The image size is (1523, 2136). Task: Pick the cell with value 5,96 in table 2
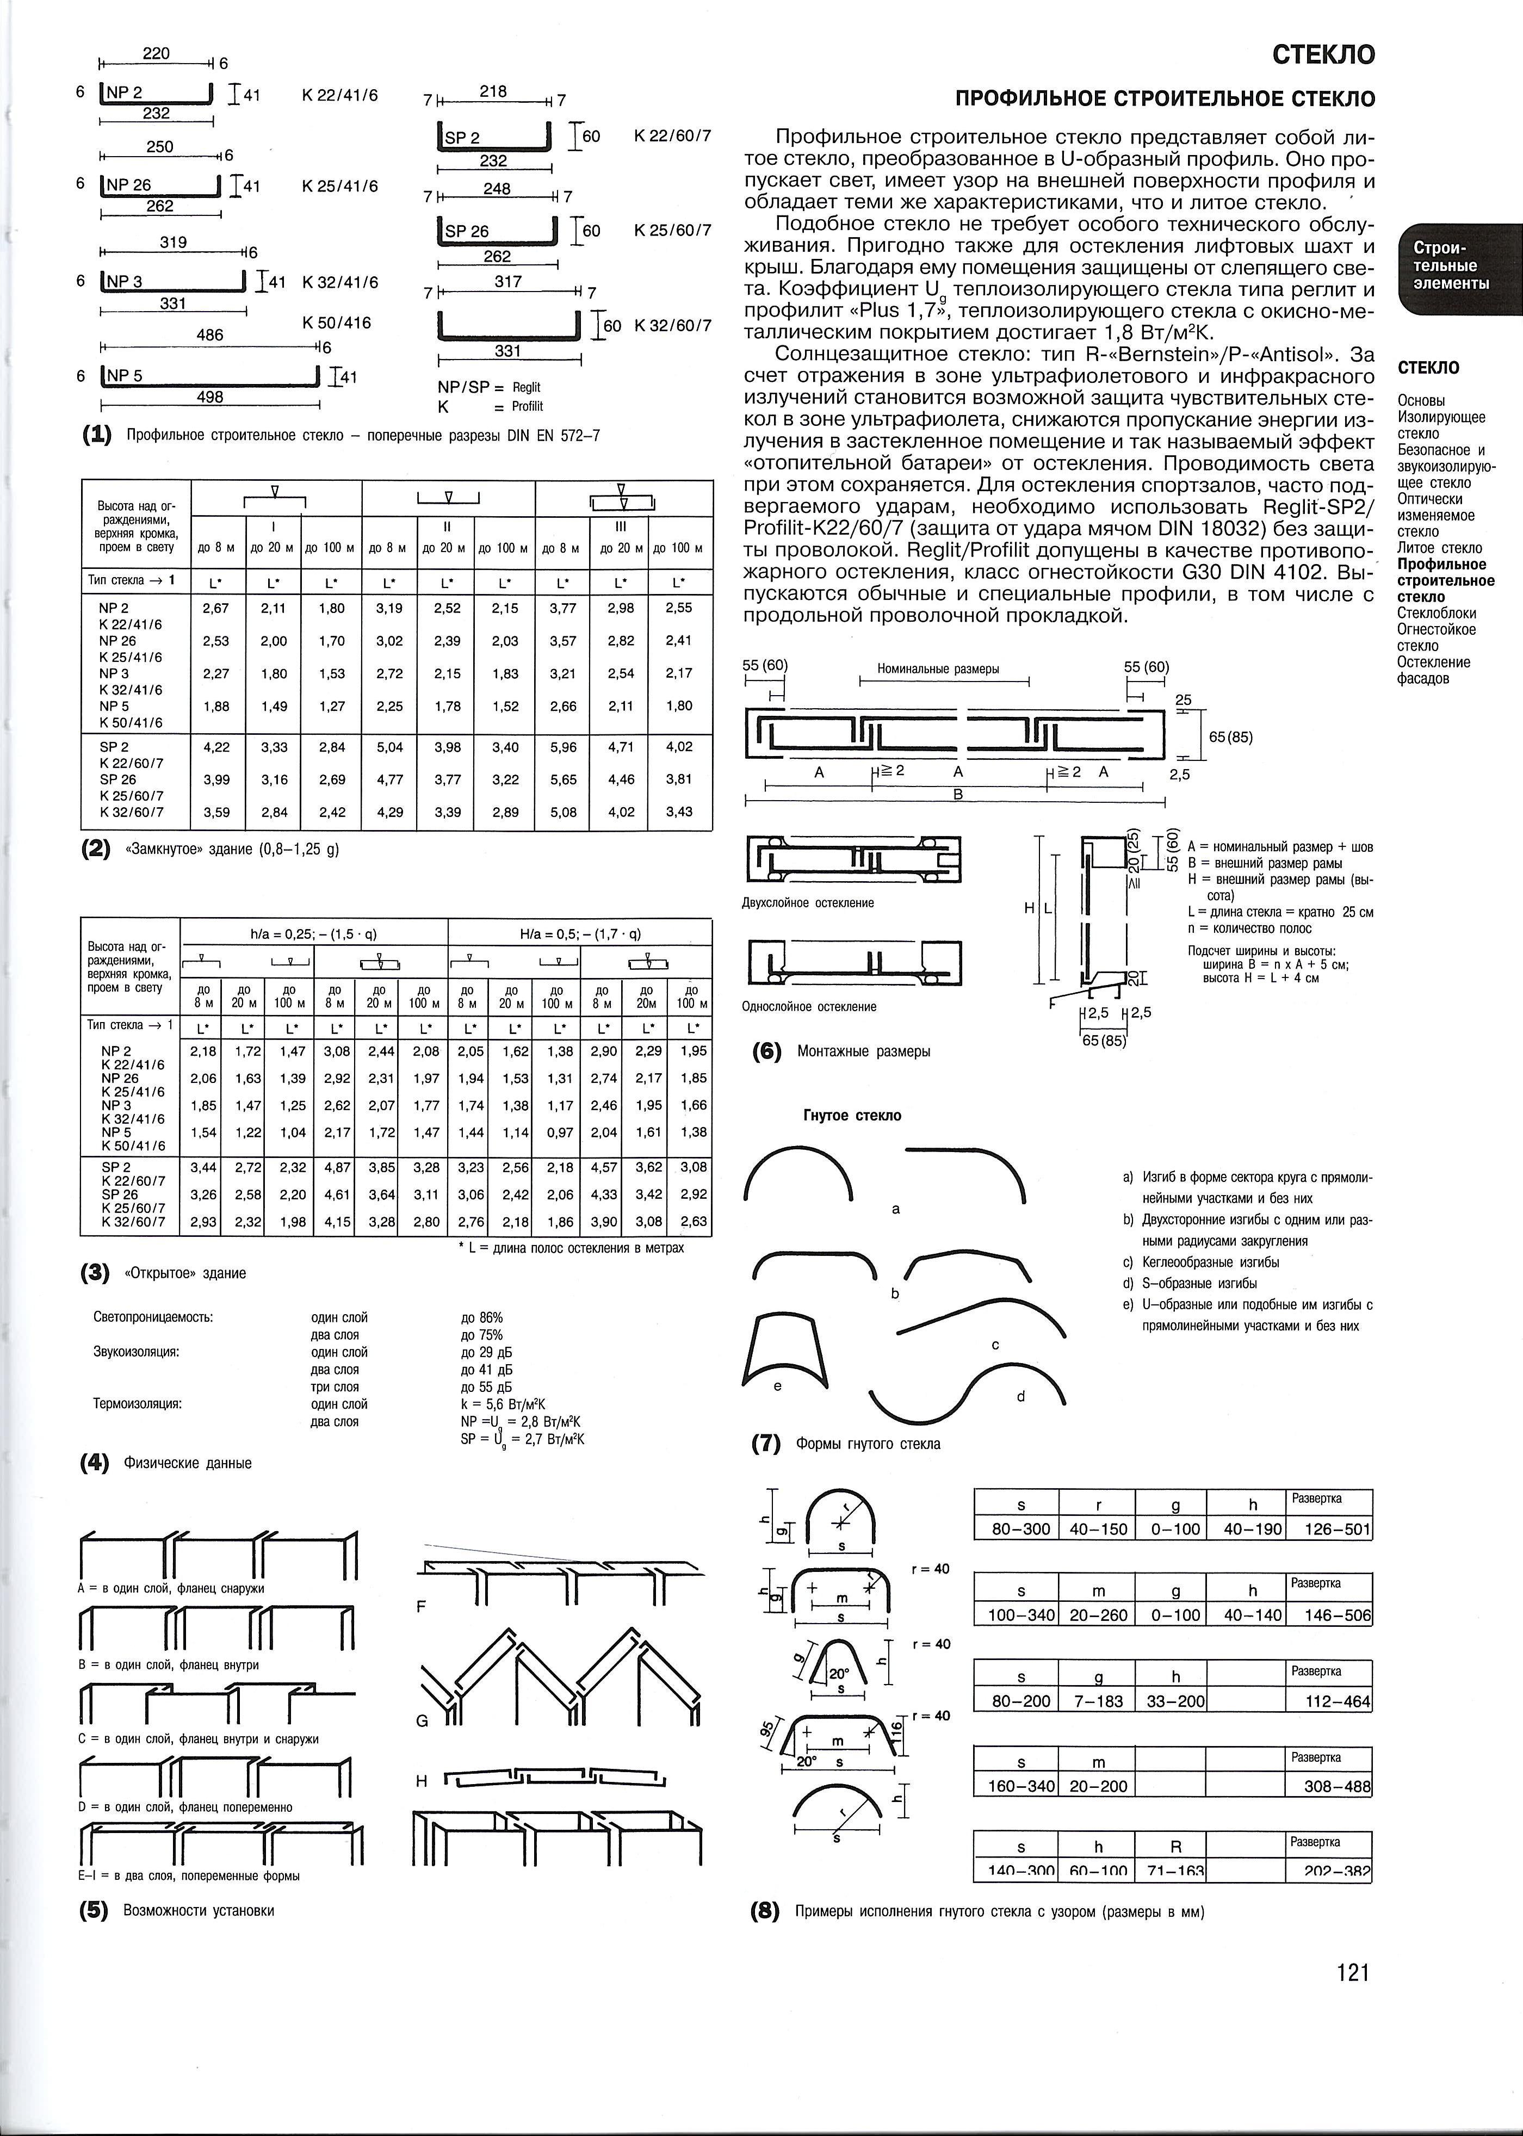coord(562,746)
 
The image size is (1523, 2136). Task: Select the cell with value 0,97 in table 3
coord(560,1132)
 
